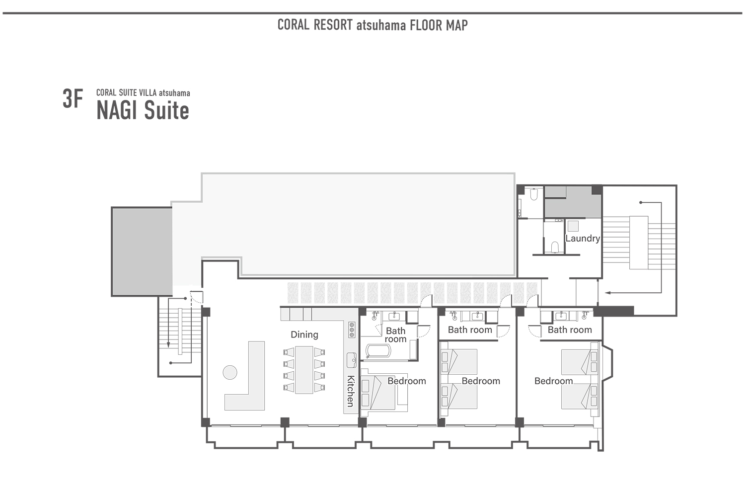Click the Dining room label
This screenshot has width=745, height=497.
point(304,334)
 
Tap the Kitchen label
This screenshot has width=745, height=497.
point(351,391)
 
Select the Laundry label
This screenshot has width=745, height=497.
point(583,239)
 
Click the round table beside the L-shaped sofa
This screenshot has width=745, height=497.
point(230,372)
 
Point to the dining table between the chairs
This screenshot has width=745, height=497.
point(304,370)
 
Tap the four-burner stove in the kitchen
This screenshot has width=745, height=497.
point(352,330)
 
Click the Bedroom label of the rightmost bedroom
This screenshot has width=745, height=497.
point(553,381)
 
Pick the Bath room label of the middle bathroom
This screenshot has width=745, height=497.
point(470,330)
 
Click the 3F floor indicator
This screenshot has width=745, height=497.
point(73,99)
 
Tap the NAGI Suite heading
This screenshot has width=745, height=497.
point(143,110)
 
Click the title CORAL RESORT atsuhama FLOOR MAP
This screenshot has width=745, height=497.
point(372,25)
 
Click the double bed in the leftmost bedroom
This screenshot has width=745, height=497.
point(380,393)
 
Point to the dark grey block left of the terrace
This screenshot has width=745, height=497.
point(142,251)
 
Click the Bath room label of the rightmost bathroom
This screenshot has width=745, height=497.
point(570,330)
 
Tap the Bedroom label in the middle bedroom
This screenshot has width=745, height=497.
point(481,381)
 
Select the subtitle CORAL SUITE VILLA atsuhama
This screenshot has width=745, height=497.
point(143,93)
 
